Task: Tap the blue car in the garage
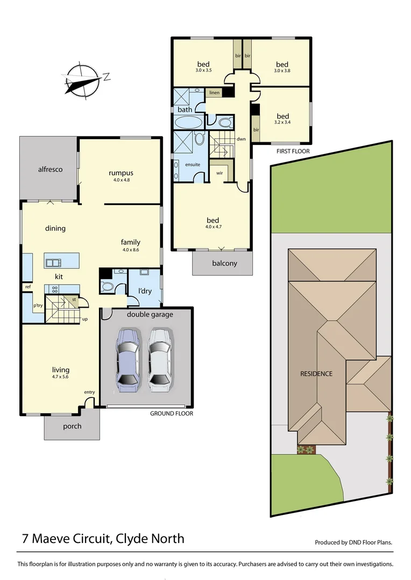tap(128, 360)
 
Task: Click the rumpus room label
tap(121, 173)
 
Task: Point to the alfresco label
tap(51, 169)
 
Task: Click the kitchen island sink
tap(54, 263)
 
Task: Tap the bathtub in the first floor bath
tap(188, 122)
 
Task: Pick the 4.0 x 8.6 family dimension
tap(130, 250)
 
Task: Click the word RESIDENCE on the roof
tap(316, 374)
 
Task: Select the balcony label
tap(224, 263)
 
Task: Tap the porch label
tap(72, 426)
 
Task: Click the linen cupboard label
tap(215, 92)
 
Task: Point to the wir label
tap(219, 173)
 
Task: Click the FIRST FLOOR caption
tap(293, 151)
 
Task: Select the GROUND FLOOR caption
tap(172, 413)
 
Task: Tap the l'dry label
tap(145, 291)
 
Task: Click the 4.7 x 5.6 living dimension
tap(60, 376)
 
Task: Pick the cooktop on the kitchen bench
tap(54, 289)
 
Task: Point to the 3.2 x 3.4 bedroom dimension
tap(282, 122)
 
